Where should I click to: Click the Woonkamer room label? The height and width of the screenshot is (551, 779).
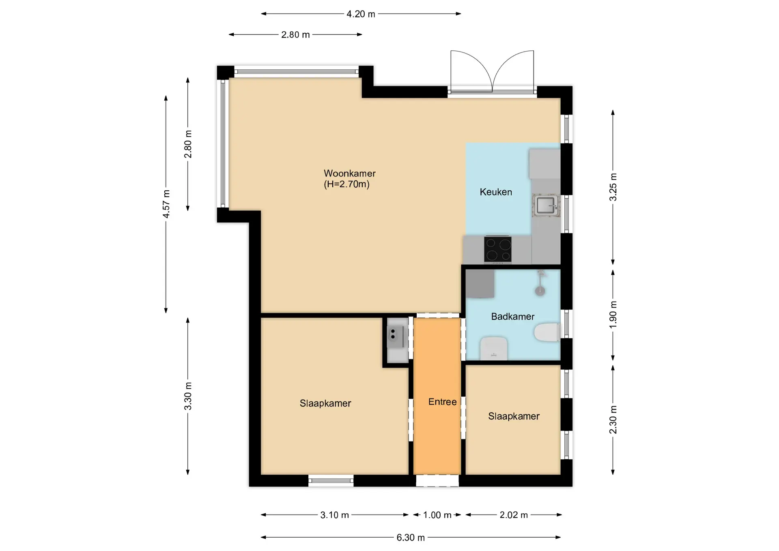[x=350, y=173]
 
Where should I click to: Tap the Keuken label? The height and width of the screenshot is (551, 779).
[x=496, y=192]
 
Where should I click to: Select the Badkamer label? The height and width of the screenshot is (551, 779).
[x=513, y=316]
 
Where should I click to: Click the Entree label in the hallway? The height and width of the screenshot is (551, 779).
[x=443, y=402]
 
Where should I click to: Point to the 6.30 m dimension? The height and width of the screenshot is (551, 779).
[x=411, y=538]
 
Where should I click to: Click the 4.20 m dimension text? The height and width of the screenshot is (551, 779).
[x=361, y=14]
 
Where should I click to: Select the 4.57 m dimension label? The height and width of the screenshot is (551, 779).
[x=166, y=204]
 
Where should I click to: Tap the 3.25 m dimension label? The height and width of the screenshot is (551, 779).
[x=613, y=187]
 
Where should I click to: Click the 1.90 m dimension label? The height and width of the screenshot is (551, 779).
[x=613, y=315]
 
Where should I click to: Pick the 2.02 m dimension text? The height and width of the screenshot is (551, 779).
[x=514, y=515]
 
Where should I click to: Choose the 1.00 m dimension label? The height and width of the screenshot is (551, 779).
[x=437, y=515]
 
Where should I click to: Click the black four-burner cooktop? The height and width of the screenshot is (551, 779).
[x=498, y=249]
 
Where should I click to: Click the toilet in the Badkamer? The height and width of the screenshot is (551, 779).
[x=547, y=333]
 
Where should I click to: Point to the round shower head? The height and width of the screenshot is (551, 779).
[x=540, y=291]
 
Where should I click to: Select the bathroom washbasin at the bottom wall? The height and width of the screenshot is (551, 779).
[x=493, y=348]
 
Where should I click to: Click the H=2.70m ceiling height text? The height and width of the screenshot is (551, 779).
[x=346, y=184]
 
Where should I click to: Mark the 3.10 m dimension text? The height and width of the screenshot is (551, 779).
[x=334, y=515]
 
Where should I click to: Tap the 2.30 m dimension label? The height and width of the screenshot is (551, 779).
[x=613, y=420]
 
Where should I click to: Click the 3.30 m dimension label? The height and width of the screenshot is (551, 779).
[x=188, y=396]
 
